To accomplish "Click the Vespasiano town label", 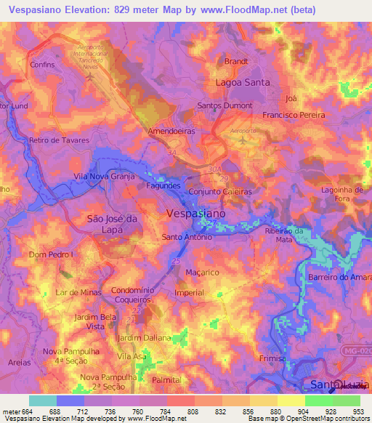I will pyautogui.click(x=196, y=214).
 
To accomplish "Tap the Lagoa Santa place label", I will pyautogui.click(x=243, y=83).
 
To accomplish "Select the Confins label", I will pyautogui.click(x=43, y=65).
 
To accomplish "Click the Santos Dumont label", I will pyautogui.click(x=225, y=106).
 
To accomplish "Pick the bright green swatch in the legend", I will pyautogui.click(x=319, y=400).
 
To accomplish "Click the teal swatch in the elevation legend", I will pyautogui.click(x=43, y=400).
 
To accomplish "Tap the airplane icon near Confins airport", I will pyautogui.click(x=89, y=77).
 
